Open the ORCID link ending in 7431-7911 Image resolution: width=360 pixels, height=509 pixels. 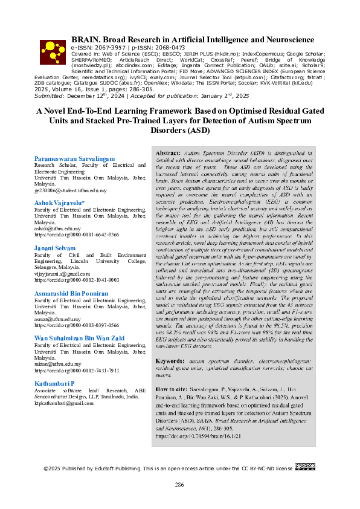pyautogui.click(x=77, y=369)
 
